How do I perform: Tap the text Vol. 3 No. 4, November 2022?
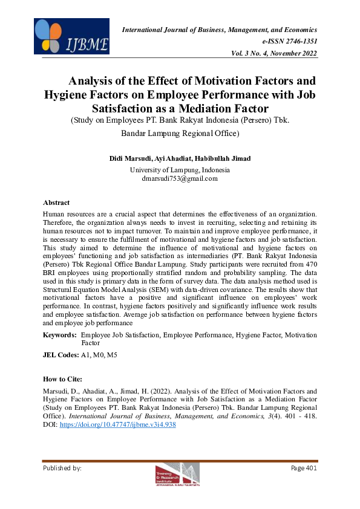(274, 53)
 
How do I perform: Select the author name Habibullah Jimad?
(226, 158)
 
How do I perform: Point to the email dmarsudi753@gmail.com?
(180, 178)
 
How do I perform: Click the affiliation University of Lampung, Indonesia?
(180, 170)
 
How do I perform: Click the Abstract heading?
(56, 203)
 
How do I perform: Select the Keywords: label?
(60, 335)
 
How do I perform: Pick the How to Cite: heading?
(62, 379)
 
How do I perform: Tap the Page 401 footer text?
(304, 468)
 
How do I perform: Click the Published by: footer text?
(62, 468)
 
